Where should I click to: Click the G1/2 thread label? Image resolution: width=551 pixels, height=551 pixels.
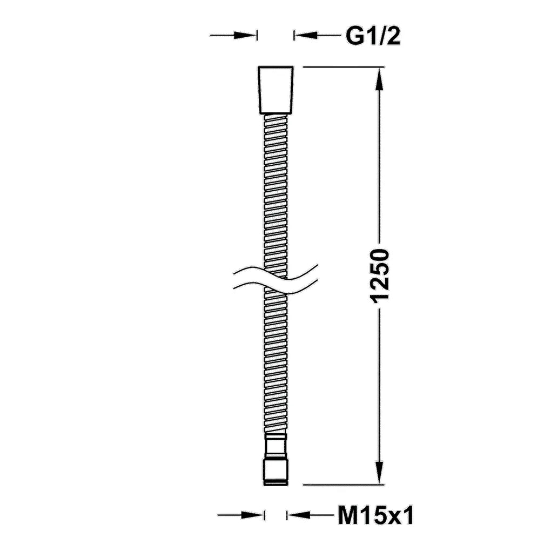click(x=373, y=36)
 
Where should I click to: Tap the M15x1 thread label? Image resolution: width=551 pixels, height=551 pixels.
click(x=376, y=515)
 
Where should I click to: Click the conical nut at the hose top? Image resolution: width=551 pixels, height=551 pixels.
click(x=276, y=90)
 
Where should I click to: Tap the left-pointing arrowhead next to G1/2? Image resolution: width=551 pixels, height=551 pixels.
click(x=306, y=35)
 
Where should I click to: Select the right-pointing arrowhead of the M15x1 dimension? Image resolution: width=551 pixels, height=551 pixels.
click(x=253, y=515)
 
